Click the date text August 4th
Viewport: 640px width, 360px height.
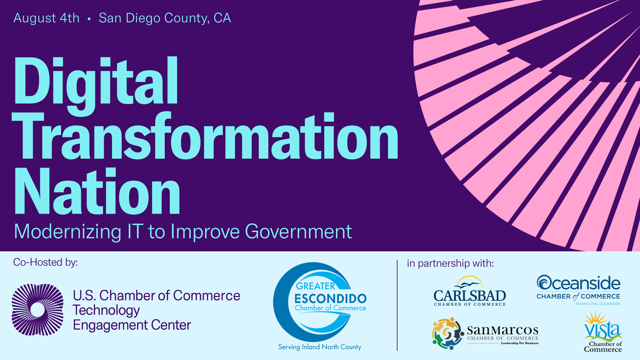[x=46, y=18]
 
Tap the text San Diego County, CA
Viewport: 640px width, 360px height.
[x=165, y=18]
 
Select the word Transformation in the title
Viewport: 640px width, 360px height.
[x=205, y=137]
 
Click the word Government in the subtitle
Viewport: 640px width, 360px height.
[x=298, y=232]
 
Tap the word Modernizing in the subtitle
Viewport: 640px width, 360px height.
[x=68, y=232]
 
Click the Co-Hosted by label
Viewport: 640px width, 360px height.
[x=46, y=262]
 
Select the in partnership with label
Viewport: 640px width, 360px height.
[x=450, y=264]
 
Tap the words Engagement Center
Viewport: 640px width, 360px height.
[x=132, y=325]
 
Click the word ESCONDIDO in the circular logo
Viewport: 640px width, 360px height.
[x=330, y=299]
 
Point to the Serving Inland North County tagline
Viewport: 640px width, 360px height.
[x=320, y=347]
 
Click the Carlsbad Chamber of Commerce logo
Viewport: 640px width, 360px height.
[x=470, y=291]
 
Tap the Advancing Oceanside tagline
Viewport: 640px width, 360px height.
[x=598, y=304]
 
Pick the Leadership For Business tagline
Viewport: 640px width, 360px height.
[x=520, y=343]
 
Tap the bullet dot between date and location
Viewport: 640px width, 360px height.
[x=89, y=19]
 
